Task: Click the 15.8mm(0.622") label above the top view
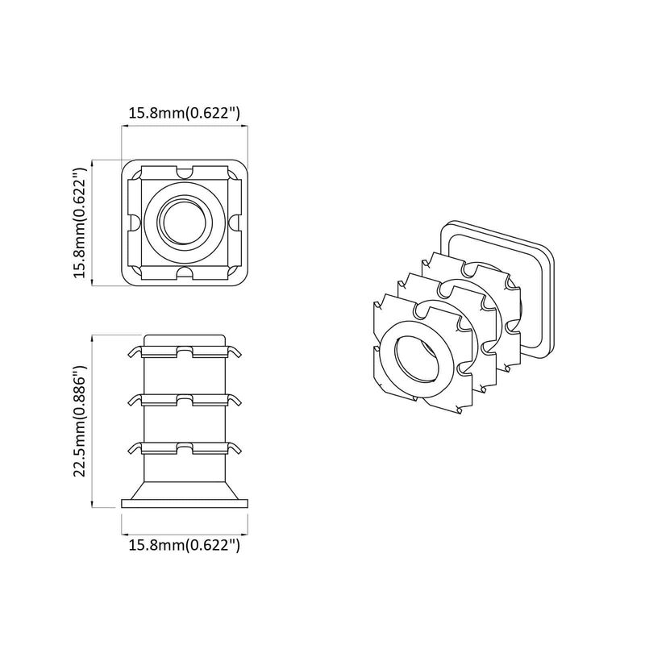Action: coord(185,114)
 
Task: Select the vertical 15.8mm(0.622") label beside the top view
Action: coord(78,223)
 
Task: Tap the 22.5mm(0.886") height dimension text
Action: coord(78,421)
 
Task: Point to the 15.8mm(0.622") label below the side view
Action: coord(185,546)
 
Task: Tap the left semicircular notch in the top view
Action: coord(133,222)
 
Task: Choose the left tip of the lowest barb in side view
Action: coord(130,448)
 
